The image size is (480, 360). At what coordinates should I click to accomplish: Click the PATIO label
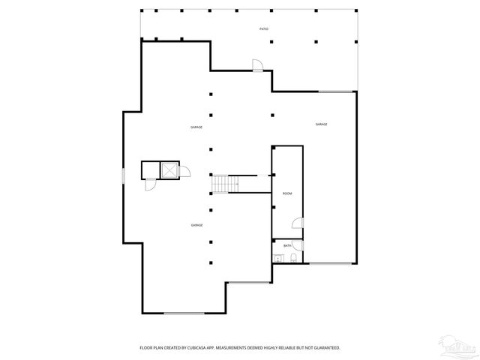pos(264,28)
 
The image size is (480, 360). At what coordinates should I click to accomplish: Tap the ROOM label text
pos(287,193)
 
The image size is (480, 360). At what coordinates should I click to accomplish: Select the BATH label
pos(287,245)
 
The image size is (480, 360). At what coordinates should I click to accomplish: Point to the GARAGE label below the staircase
pos(197,225)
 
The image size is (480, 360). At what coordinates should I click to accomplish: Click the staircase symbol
pos(221,184)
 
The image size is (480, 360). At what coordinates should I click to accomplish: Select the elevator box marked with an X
pos(170,170)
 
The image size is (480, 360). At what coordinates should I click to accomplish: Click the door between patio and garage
pos(257,66)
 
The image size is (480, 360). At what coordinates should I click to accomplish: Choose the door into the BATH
pos(298,245)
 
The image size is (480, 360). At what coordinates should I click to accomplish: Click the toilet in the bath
pos(293,258)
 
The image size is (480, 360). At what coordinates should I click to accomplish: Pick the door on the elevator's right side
pos(185,172)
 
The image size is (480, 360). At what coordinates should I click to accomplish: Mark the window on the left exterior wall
pos(123,175)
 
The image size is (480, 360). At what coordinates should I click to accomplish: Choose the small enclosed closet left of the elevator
pos(150,169)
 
